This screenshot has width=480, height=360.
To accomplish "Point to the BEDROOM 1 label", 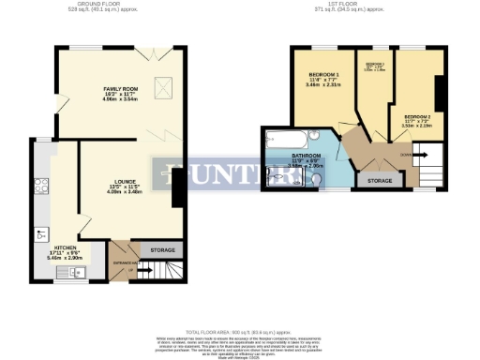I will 323,75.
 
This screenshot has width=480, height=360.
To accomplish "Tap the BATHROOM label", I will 307,156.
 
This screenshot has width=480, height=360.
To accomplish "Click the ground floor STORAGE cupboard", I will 163,250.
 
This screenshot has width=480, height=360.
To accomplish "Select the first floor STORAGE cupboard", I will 380,179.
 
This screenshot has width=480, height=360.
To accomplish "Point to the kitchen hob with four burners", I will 41,185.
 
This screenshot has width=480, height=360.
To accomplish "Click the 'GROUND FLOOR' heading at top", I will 121,4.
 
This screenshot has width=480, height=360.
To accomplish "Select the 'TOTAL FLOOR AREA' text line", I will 240,332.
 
